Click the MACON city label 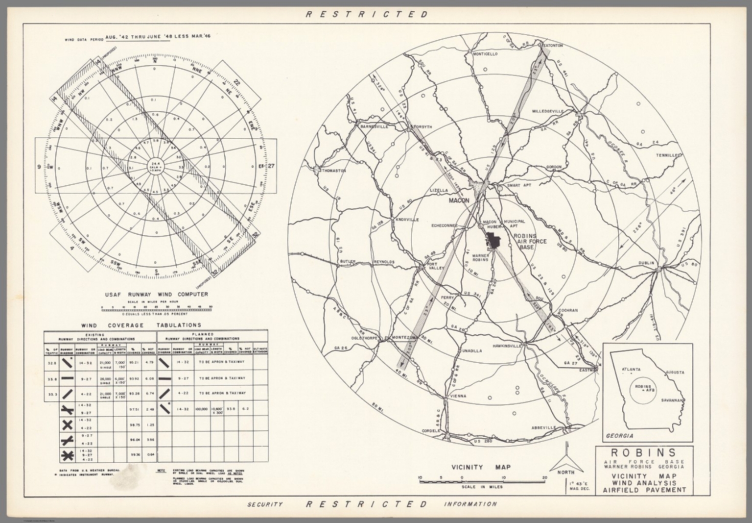[459, 200]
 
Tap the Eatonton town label [553, 46]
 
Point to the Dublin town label [646, 263]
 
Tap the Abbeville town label [543, 428]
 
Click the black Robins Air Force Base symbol [493, 241]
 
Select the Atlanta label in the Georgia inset [631, 369]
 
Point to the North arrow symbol [566, 458]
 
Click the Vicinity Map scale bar [482, 481]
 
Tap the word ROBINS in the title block [644, 452]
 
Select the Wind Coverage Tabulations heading [141, 325]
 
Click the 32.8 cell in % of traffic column [51, 363]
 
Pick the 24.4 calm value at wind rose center [156, 163]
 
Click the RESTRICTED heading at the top [367, 14]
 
